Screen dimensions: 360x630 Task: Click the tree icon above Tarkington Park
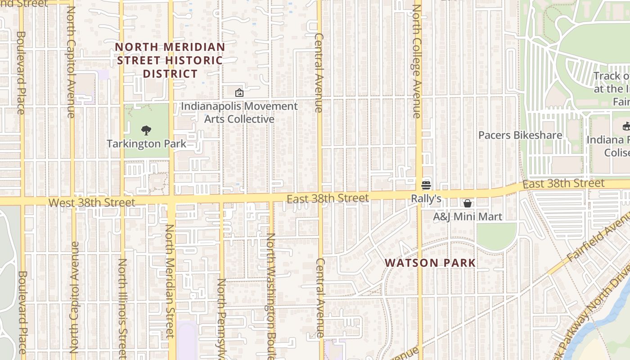click(146, 130)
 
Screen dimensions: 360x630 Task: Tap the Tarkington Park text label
click(146, 144)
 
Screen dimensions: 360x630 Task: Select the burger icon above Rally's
click(426, 185)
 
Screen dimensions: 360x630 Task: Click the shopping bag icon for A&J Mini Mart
click(468, 203)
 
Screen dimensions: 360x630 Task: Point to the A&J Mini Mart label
click(468, 217)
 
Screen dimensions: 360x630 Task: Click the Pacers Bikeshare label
click(520, 135)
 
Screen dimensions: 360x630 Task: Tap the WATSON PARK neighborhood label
click(430, 263)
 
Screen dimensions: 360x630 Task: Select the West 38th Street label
click(91, 202)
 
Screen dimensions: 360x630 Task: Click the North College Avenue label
click(417, 61)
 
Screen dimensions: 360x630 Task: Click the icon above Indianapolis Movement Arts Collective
click(239, 93)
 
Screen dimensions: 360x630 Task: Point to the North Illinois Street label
click(122, 308)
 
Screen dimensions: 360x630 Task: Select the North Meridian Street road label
click(170, 281)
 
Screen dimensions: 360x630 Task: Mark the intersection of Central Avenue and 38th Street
click(320, 198)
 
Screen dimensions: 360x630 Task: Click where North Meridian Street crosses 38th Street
click(171, 200)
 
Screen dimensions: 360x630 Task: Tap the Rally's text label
click(426, 198)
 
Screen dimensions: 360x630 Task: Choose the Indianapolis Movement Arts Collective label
click(239, 112)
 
